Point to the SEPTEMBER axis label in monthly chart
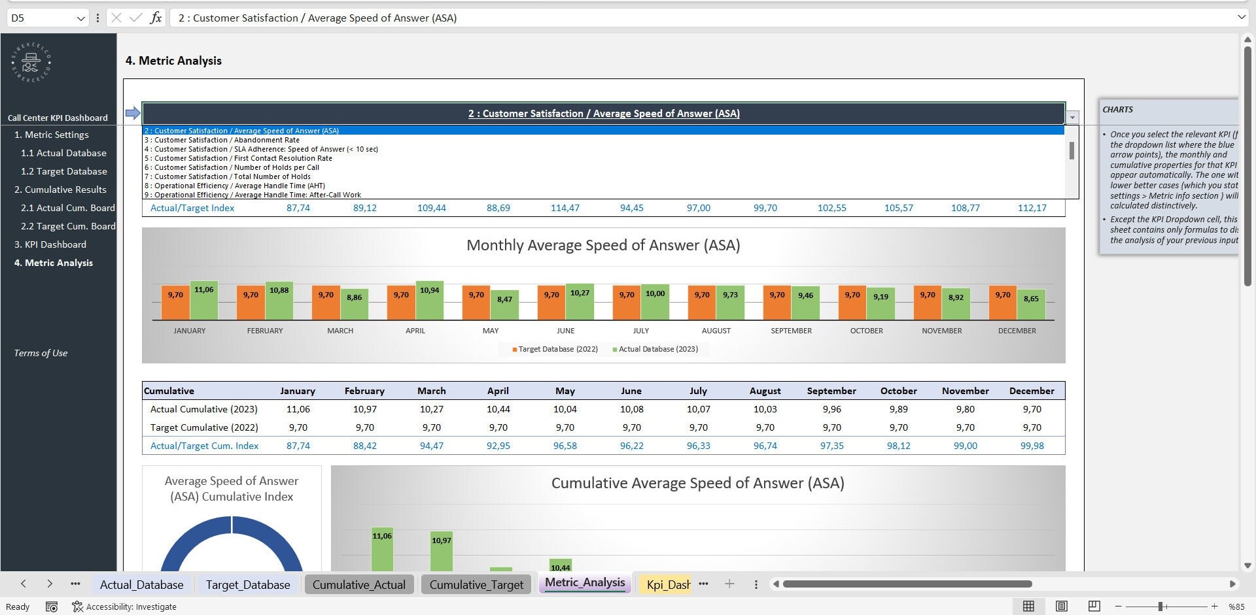click(791, 331)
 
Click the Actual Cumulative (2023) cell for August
click(765, 409)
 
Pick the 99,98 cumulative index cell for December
click(1032, 446)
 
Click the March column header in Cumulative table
click(431, 391)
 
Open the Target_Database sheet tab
click(247, 584)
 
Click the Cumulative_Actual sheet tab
click(358, 584)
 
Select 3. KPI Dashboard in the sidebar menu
click(50, 244)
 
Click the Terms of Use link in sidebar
click(41, 353)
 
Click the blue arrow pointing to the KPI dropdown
click(133, 113)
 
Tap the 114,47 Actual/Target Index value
click(565, 208)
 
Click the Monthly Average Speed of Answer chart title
click(602, 245)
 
